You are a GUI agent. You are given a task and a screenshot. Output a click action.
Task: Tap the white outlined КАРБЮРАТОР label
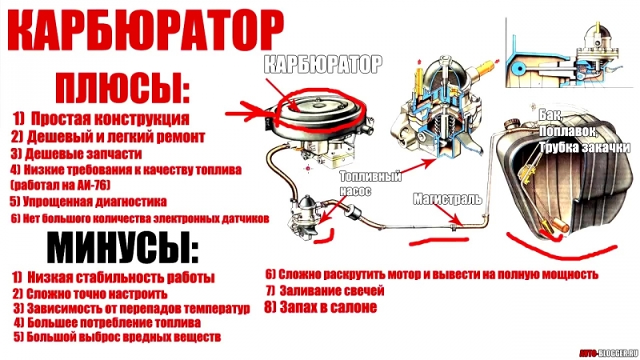click(x=323, y=65)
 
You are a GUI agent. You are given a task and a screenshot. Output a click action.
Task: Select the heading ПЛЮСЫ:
click(x=122, y=88)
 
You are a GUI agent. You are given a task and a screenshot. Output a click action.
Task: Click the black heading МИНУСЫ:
click(x=123, y=248)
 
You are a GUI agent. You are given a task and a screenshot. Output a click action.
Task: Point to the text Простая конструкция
click(x=110, y=118)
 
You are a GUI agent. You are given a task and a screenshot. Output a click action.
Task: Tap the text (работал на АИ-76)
click(x=61, y=186)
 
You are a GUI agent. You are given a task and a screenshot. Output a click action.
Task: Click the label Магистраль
click(x=448, y=198)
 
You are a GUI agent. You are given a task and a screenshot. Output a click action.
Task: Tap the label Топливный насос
click(x=370, y=183)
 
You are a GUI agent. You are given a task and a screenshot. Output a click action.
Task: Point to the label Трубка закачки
click(x=585, y=147)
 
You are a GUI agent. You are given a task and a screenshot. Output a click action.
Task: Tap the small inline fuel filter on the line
click(x=351, y=212)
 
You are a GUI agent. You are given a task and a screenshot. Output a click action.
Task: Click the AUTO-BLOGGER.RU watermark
click(x=608, y=352)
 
